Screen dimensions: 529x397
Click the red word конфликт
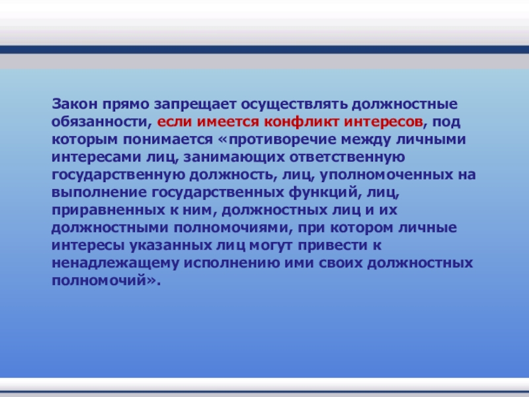click(x=302, y=122)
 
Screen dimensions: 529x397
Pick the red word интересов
click(x=384, y=122)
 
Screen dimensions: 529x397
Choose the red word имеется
click(x=227, y=122)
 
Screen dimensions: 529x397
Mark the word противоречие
click(x=282, y=140)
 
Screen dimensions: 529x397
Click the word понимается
click(x=168, y=140)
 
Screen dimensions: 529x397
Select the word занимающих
click(x=233, y=157)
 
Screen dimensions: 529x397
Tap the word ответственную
click(x=346, y=157)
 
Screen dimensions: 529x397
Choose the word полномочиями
click(x=233, y=228)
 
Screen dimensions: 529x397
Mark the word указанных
click(x=171, y=245)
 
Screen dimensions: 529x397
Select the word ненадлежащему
click(x=115, y=263)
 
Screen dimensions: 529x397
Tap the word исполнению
click(x=232, y=263)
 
